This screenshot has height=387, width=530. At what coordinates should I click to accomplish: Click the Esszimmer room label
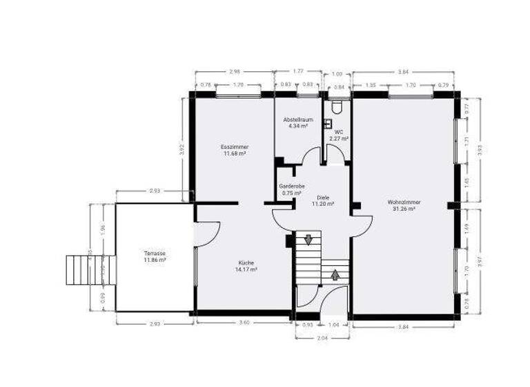[235, 150]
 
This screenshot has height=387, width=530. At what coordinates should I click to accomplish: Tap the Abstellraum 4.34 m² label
[297, 123]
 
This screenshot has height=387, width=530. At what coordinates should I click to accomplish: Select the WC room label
[339, 135]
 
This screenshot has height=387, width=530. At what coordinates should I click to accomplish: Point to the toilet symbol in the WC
[337, 108]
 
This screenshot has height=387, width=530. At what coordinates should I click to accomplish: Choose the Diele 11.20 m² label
[323, 201]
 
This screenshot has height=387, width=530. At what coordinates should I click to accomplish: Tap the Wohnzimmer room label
[404, 205]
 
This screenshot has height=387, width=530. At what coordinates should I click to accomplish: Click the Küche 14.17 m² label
[246, 266]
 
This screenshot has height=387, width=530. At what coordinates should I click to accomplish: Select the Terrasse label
[155, 256]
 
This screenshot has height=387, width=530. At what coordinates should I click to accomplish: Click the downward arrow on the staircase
[308, 239]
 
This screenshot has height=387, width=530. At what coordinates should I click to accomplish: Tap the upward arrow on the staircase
[335, 274]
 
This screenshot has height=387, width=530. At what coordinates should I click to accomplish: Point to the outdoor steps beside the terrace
[79, 270]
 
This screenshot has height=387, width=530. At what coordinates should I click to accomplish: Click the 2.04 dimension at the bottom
[323, 339]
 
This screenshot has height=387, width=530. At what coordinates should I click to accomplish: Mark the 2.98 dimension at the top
[235, 71]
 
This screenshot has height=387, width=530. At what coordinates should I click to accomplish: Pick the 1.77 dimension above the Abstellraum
[298, 71]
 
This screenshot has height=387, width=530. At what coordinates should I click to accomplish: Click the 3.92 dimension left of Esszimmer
[182, 147]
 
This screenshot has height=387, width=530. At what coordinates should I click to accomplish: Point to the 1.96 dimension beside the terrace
[103, 228]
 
